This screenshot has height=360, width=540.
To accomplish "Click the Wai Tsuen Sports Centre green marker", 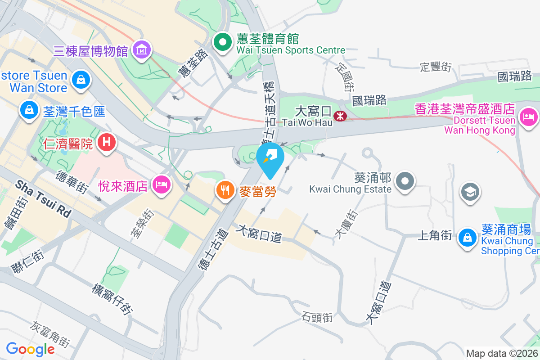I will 222,43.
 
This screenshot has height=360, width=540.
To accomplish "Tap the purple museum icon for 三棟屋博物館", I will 142,50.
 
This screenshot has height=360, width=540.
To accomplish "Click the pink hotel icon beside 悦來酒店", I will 161,184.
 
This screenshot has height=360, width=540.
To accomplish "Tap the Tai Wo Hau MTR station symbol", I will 340,117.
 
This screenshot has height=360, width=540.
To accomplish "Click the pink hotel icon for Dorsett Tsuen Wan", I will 528,117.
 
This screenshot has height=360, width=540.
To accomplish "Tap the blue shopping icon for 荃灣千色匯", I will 29,109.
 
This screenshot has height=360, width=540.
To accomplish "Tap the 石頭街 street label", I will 318,317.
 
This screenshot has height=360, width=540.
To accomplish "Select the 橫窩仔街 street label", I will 113,299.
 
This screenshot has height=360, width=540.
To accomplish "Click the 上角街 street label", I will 435,235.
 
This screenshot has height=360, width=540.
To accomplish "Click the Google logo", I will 30,349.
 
